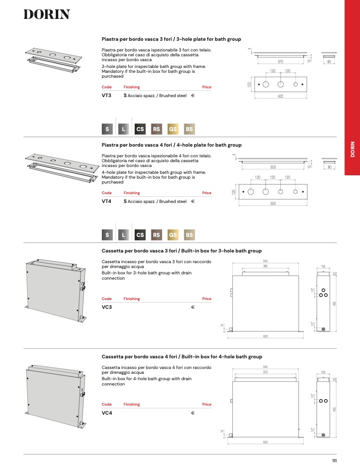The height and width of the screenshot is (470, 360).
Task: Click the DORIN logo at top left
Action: coord(47,15)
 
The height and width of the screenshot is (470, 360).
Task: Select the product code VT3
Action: coord(106,96)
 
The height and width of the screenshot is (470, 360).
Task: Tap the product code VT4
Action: coord(106,201)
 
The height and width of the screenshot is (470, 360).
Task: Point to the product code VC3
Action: coord(107,307)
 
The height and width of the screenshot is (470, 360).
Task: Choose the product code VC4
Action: coord(107,413)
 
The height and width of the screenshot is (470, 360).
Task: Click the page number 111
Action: coord(334,461)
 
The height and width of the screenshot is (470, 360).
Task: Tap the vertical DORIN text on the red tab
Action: coord(353,149)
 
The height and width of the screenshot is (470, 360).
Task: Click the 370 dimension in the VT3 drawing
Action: coord(280,62)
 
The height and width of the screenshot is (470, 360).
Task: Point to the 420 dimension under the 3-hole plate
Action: coord(280,96)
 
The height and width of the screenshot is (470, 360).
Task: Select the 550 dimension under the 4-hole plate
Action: coord(273,203)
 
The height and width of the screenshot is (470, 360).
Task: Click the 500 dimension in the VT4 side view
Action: coord(273,167)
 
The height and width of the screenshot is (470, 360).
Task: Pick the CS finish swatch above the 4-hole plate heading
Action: coord(140,129)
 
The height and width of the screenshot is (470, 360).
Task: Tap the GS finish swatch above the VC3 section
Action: coord(173,235)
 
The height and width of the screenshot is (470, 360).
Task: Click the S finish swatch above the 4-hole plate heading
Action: coord(107,129)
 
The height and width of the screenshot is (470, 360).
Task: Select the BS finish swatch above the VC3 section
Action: coord(189,235)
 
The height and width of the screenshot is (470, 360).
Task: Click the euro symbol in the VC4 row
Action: coord(193,413)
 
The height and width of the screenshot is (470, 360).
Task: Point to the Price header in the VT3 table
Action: coord(207,87)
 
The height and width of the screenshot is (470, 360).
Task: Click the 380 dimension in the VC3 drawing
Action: coord(265,266)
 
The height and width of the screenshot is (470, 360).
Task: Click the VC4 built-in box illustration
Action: coord(56,396)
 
